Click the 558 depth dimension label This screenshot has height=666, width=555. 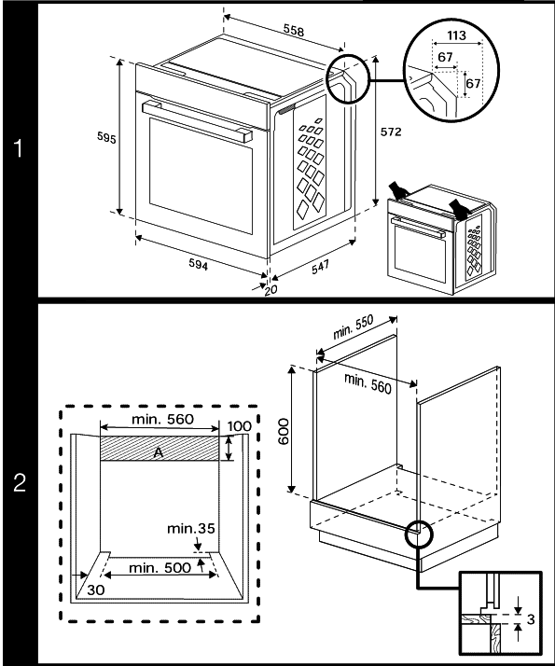294,30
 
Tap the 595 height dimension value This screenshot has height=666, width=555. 106,138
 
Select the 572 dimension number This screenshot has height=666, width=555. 391,132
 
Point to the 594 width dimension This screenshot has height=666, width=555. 199,264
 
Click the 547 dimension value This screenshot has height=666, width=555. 320,267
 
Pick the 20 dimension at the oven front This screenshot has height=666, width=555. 271,290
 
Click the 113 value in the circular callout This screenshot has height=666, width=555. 456,35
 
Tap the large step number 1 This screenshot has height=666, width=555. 18,148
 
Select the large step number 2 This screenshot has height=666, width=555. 20,482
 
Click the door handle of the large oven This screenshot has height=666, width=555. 197,120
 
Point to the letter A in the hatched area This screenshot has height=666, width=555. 159,452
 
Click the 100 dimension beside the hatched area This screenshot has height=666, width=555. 240,426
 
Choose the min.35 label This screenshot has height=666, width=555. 190,528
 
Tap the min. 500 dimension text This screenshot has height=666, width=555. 160,567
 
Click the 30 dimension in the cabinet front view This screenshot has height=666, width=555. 96,590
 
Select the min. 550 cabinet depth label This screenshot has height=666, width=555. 353,326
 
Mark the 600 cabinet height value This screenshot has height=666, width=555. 284,432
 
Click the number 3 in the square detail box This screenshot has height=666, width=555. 531,618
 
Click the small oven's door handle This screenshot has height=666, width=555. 418,228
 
